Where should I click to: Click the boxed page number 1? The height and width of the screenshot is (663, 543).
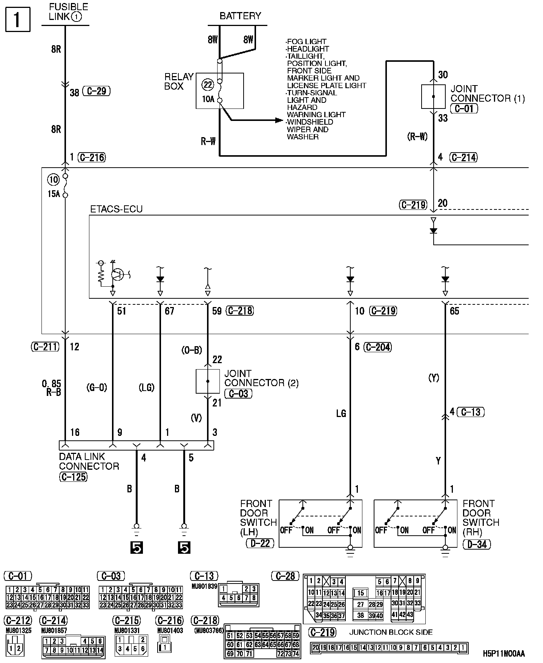(x=18, y=19)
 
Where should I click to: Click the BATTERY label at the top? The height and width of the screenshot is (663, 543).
(x=240, y=16)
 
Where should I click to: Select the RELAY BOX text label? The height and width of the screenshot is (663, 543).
(x=179, y=82)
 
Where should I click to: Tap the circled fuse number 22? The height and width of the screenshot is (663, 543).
(x=208, y=85)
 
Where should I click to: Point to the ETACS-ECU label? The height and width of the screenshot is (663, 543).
(x=116, y=209)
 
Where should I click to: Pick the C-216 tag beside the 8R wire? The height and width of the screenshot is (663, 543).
(x=92, y=157)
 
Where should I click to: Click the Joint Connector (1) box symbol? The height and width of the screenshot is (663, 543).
(x=433, y=97)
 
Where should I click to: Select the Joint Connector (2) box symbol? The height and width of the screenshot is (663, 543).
(x=207, y=381)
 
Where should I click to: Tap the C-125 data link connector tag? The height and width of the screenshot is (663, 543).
(x=73, y=477)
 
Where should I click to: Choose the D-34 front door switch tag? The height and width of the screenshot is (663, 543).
(x=477, y=544)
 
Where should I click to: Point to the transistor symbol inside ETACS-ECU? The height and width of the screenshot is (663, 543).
(x=118, y=274)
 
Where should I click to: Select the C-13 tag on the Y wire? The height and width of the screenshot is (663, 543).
(x=471, y=412)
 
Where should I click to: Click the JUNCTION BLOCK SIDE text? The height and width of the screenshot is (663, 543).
(x=391, y=632)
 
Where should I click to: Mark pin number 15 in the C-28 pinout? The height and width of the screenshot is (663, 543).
(x=361, y=593)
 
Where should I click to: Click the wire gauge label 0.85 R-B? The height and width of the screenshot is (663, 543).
(x=52, y=388)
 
